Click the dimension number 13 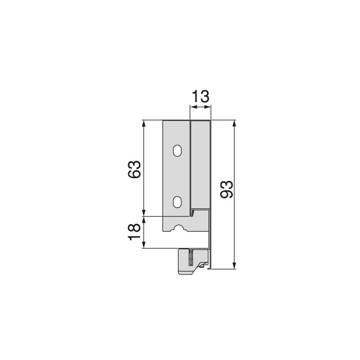(x=200, y=97)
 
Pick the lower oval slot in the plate (x=178, y=202)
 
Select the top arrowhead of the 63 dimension (x=144, y=123)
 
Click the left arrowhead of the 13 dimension (x=193, y=107)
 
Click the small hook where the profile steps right (x=192, y=212)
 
